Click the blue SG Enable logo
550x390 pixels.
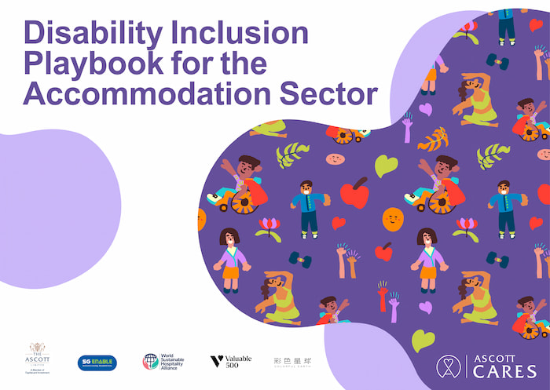click(x=97, y=363)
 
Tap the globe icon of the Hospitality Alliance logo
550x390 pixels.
click(x=149, y=362)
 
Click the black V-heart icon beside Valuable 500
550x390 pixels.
click(x=216, y=362)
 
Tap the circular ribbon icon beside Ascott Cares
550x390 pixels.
click(x=449, y=366)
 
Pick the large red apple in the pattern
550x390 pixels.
click(x=354, y=193)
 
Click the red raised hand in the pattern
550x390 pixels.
click(x=383, y=298)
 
